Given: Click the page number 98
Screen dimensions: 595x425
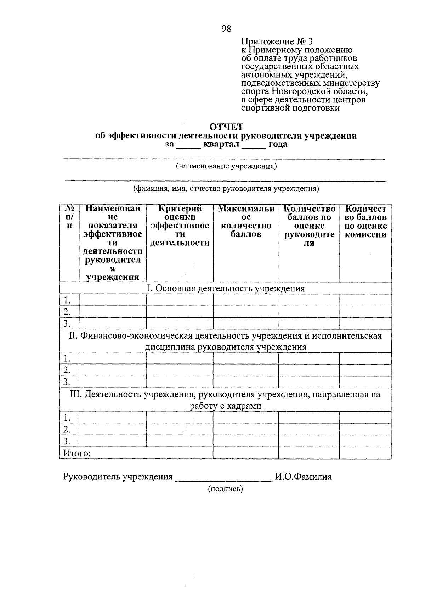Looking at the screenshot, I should point(226,29).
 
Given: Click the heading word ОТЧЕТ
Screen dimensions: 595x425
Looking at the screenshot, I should point(226,127).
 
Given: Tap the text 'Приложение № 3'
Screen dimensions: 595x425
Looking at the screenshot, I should point(277,41).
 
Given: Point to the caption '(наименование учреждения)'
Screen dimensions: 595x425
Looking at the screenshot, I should point(226,166).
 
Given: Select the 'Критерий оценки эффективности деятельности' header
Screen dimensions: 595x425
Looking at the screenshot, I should point(180,226).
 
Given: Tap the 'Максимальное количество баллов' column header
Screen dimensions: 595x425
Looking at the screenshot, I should point(246,221).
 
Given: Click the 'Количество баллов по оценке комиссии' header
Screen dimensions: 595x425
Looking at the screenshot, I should point(365,221).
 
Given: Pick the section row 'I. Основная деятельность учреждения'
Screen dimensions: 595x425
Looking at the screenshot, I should point(226,289).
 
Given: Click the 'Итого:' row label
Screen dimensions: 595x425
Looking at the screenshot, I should point(77,453).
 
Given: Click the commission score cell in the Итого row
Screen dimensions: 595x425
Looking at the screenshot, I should point(365,453).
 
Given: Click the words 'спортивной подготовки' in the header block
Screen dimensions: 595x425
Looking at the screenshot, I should point(290,108).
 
